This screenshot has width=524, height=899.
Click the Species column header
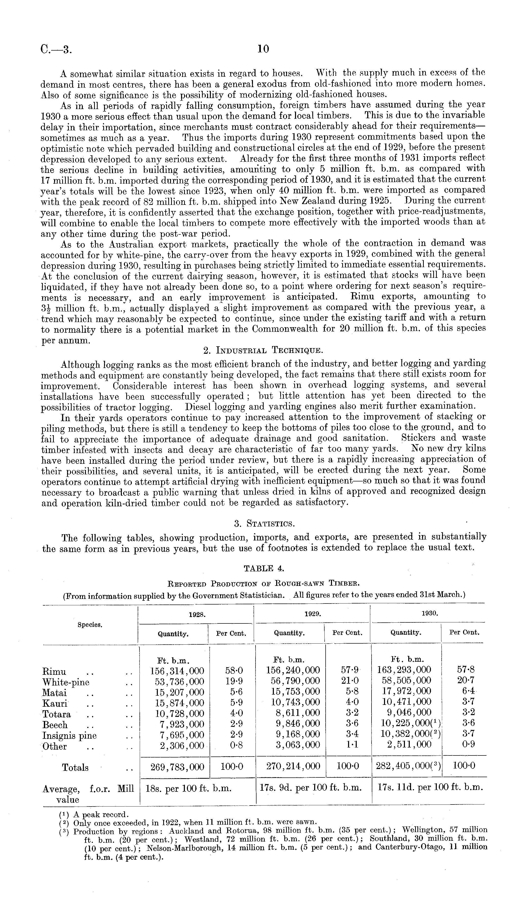90,625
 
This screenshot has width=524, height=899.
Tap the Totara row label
57,714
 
